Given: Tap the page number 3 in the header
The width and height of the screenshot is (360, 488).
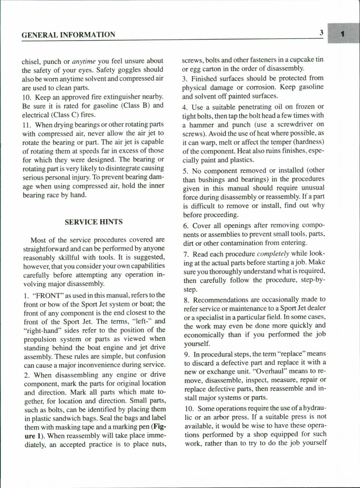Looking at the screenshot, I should point(321,34).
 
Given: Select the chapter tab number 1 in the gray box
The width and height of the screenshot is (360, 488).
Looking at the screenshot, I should point(343,35).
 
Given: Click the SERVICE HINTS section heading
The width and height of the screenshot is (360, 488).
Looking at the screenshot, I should point(93,222).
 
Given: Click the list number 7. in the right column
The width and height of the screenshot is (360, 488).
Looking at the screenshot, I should point(186,255).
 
